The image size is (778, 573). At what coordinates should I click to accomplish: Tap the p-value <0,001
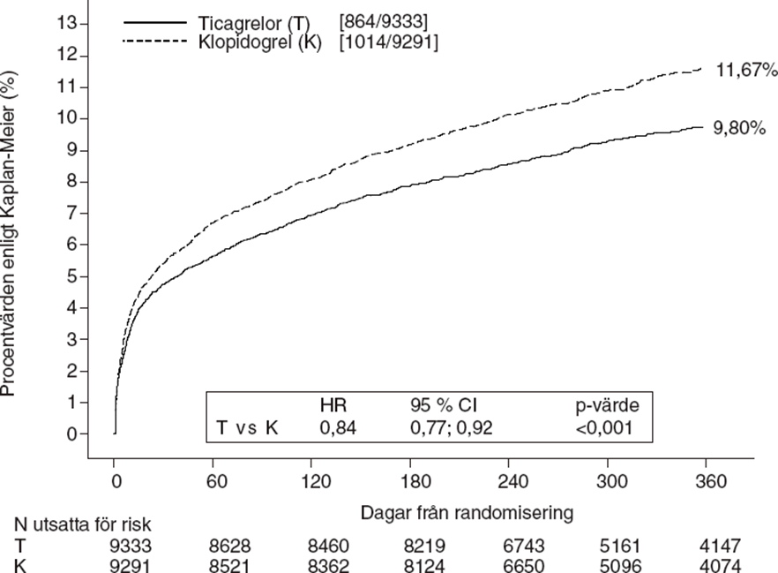point(603,428)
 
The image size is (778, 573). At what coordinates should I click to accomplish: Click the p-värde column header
point(606,407)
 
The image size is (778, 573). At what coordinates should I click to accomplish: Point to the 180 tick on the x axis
point(410,482)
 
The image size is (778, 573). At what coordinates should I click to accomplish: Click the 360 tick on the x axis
point(710,482)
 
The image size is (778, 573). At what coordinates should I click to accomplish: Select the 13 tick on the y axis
point(67,24)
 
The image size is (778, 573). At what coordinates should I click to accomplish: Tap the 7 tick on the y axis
point(71,214)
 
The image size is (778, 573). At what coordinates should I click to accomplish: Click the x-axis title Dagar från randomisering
point(467,510)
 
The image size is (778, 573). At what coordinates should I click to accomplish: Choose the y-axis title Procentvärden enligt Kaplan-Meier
point(11,234)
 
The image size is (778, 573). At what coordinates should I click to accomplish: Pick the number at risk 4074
point(710,564)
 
